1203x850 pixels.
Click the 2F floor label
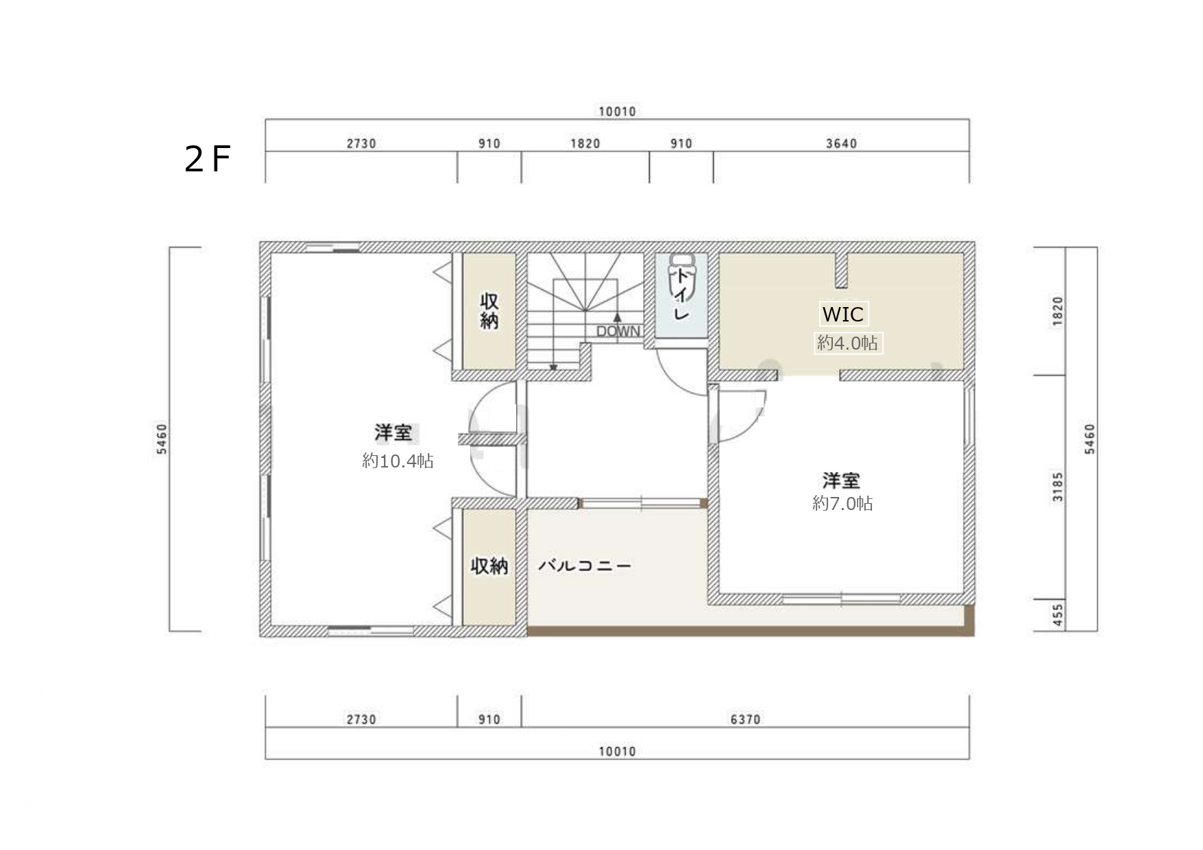[x=207, y=159]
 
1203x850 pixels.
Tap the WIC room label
[x=842, y=314]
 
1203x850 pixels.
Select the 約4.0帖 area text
[x=847, y=342]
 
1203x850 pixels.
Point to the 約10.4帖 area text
[x=398, y=461]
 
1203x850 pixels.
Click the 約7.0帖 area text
[x=842, y=503]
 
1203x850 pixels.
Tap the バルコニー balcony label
[x=584, y=566]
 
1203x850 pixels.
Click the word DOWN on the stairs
[x=618, y=332]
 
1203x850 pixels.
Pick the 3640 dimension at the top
[x=841, y=143]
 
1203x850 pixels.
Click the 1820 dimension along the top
[x=585, y=143]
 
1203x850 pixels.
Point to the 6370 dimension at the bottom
[x=745, y=719]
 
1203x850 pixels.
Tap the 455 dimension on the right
[x=1058, y=615]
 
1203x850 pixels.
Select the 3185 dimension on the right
[x=1058, y=487]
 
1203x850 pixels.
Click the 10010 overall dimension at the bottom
[x=617, y=751]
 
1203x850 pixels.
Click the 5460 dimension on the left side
[x=161, y=439]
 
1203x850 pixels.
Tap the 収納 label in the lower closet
[x=489, y=566]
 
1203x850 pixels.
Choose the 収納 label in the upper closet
[x=489, y=311]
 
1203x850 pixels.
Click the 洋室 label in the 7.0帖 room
[x=841, y=480]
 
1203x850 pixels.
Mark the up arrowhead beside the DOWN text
[x=617, y=317]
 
